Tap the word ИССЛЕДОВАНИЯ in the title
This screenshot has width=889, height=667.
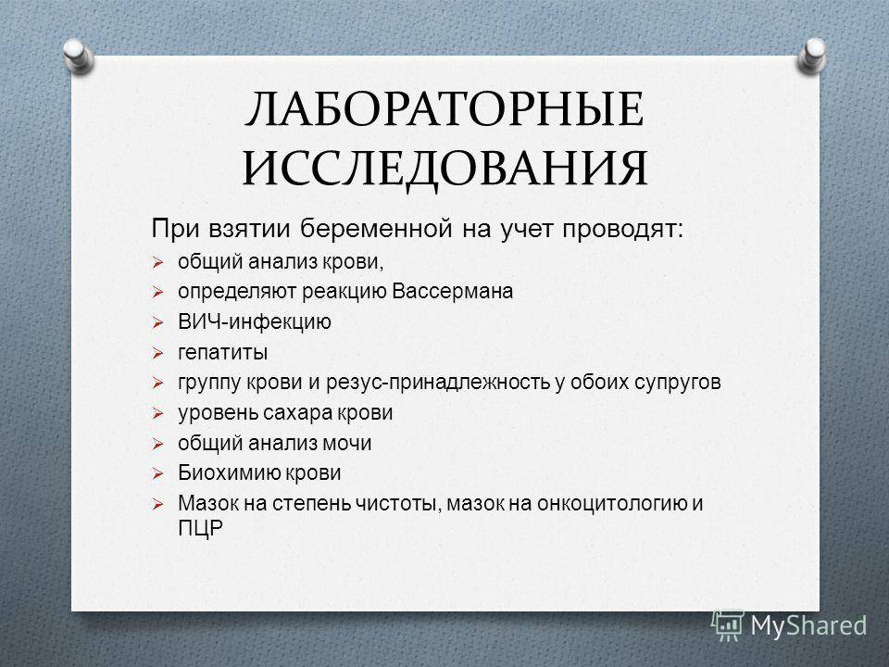click(x=445, y=168)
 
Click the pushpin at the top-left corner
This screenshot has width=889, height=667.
click(x=79, y=57)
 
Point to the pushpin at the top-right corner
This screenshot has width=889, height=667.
click(x=812, y=56)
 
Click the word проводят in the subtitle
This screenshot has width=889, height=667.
click(x=623, y=229)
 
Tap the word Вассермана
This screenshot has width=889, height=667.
click(x=453, y=292)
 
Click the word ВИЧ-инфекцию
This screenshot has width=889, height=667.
click(x=255, y=322)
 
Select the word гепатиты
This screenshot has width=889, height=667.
click(x=223, y=353)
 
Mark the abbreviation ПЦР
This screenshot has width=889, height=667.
click(x=201, y=528)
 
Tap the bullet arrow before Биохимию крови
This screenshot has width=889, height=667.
click(x=157, y=474)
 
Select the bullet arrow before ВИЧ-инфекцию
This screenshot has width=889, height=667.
click(x=157, y=323)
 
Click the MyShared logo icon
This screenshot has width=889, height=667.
click(x=728, y=625)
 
